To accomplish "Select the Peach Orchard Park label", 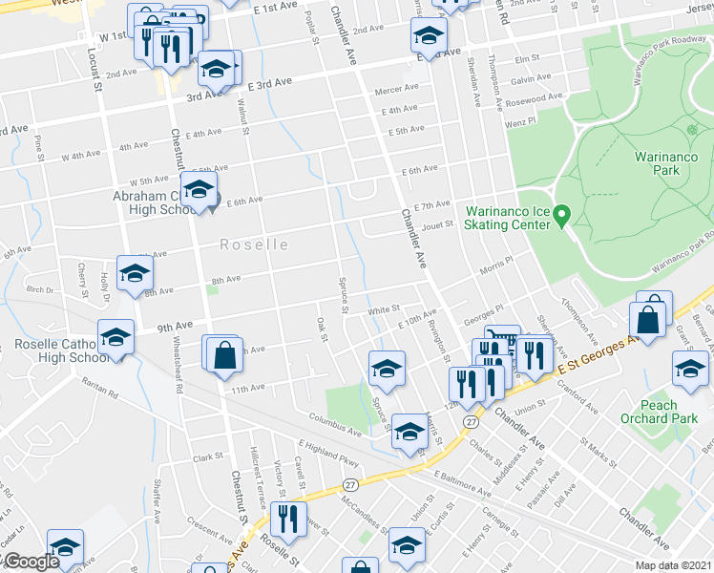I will click(659, 413).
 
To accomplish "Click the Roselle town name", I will click(254, 244).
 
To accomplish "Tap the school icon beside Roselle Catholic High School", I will click(115, 338).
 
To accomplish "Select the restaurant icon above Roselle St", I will click(283, 519).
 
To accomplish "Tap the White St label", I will click(383, 310).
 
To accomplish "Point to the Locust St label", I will click(94, 70).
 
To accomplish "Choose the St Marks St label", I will click(600, 452).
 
